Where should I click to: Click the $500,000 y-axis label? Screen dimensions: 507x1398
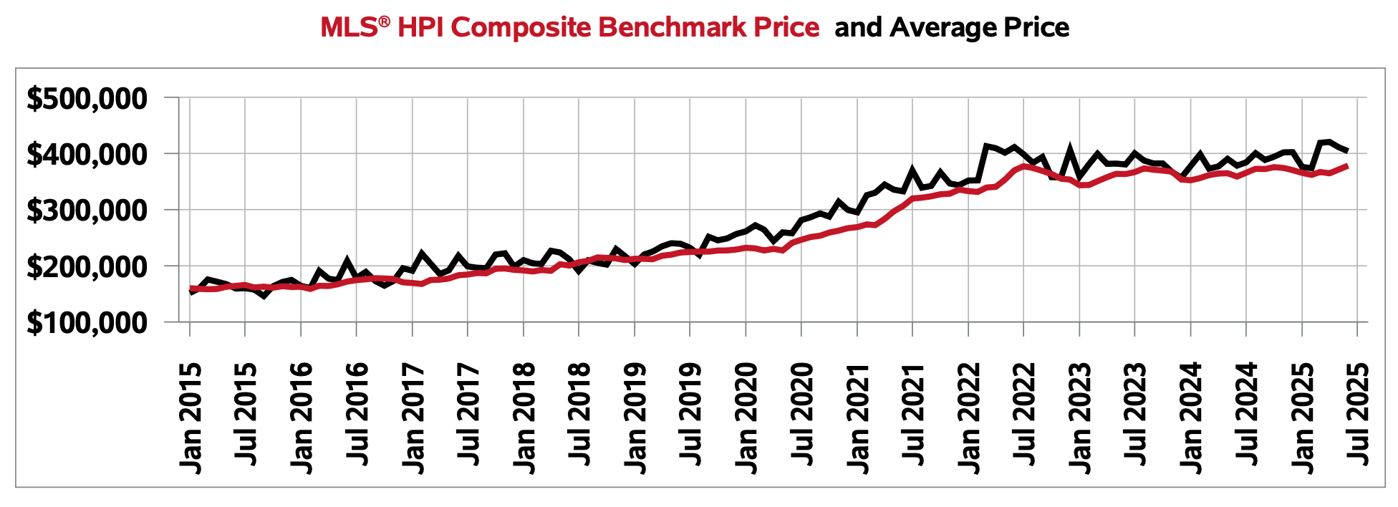[87, 99]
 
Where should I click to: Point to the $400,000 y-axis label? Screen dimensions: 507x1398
[87, 155]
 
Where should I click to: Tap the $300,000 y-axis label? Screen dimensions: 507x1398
[87, 211]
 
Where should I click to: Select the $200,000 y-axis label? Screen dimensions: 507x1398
[87, 267]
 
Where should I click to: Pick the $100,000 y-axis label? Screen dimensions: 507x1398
[87, 323]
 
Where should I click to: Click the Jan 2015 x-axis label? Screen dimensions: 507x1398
[191, 418]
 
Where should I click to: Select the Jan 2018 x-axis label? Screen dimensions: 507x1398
[524, 418]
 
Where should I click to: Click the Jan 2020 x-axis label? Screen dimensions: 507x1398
[747, 418]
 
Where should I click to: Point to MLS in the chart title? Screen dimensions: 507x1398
[349, 28]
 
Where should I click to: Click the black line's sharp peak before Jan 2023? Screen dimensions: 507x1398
[1071, 149]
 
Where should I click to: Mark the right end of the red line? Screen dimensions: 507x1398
[1348, 165]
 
